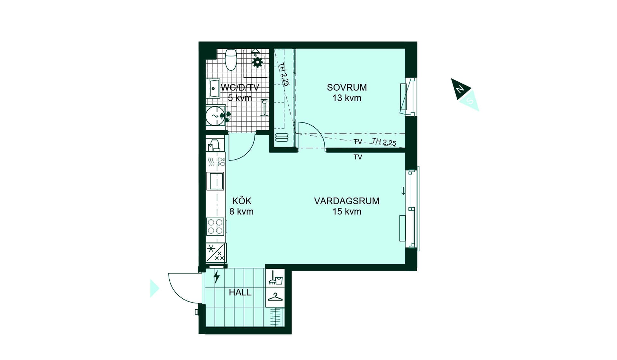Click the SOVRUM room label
tap(347, 87)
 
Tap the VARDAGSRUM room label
tap(346, 201)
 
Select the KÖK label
tap(242, 201)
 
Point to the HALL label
tap(240, 292)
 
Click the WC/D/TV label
tap(240, 87)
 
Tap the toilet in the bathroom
tap(231, 59)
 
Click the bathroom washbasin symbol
tap(214, 88)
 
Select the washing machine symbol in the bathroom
tap(215, 116)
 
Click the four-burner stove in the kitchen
tap(215, 226)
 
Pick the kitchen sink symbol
tap(216, 181)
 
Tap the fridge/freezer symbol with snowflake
tap(216, 253)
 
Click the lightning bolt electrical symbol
tap(217, 277)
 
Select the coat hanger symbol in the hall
tap(275, 297)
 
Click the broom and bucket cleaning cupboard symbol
tap(275, 278)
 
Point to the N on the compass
tap(460, 89)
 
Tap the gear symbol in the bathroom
tap(257, 62)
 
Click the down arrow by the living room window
tap(403, 191)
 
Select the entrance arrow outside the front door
tap(155, 288)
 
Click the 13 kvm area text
tap(347, 98)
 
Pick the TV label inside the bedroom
tap(358, 142)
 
